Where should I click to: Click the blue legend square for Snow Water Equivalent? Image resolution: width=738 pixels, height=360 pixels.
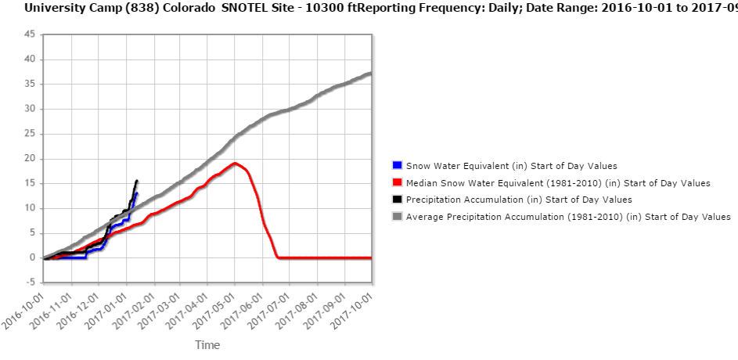(x=397, y=165)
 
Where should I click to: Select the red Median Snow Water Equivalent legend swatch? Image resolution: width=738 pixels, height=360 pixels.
(x=397, y=182)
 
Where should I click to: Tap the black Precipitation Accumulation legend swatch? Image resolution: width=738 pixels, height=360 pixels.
(x=397, y=200)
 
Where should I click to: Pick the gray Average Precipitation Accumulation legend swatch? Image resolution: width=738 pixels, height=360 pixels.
(x=397, y=216)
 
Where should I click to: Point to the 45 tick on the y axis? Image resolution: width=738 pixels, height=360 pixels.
(x=29, y=34)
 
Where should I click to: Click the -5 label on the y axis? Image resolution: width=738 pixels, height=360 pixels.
(x=29, y=283)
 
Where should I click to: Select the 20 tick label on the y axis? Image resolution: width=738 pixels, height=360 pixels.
(x=29, y=158)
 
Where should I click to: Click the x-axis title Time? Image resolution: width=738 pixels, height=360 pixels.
(x=207, y=345)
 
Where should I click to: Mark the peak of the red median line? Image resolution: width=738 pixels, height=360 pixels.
(x=235, y=163)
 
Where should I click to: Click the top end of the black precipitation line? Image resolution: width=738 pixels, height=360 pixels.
(x=137, y=181)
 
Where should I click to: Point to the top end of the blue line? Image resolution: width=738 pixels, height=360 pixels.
(x=136, y=193)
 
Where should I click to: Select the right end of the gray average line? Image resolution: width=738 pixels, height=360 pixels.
(x=370, y=74)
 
